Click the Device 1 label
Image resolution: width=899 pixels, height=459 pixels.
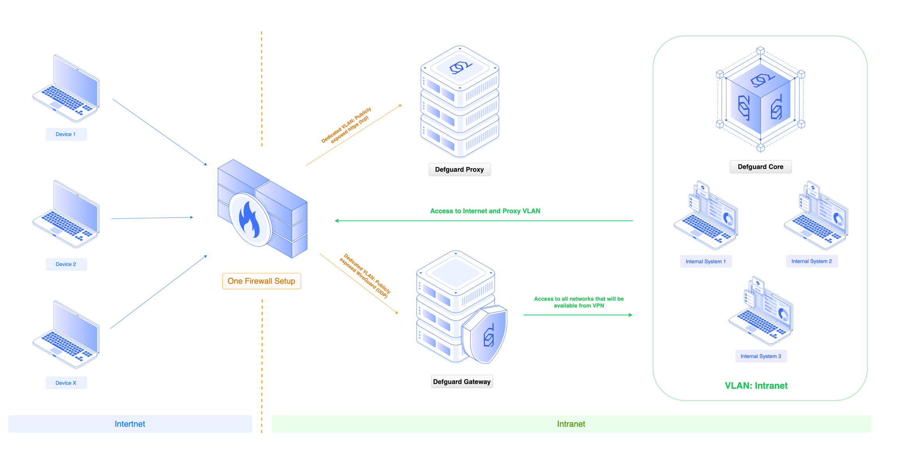click(x=66, y=134)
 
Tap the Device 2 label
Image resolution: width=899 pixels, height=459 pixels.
click(x=66, y=264)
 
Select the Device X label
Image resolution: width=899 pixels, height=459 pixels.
click(x=66, y=383)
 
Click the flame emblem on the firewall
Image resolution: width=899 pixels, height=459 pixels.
click(x=250, y=220)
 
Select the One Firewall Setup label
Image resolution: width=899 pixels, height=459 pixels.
click(x=261, y=281)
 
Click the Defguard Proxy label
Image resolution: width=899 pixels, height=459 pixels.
click(x=459, y=169)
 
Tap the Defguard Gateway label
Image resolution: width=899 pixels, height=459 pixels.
click(x=462, y=381)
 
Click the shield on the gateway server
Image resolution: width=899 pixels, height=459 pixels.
click(x=485, y=335)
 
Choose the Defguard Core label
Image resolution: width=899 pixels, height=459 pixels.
click(x=760, y=167)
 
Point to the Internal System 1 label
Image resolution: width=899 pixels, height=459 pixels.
click(x=705, y=261)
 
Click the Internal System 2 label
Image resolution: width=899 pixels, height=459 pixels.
click(x=811, y=261)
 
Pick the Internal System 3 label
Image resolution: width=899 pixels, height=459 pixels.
click(x=760, y=356)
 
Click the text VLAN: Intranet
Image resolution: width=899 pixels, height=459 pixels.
click(x=756, y=385)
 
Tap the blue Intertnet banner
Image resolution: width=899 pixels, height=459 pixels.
click(x=130, y=424)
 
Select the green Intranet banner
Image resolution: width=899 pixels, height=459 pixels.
click(x=571, y=424)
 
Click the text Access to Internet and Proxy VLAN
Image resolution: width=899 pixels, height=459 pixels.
click(x=485, y=211)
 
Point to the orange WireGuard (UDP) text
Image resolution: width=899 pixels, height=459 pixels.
click(x=364, y=276)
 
